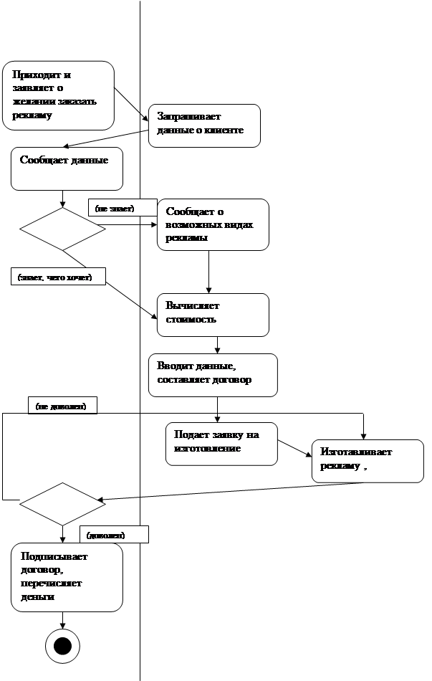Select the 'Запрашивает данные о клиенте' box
click(x=203, y=125)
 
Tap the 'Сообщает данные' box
click(x=67, y=168)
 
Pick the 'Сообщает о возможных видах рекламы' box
click(x=213, y=224)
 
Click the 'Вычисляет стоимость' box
click(x=213, y=314)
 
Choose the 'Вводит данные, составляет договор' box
click(x=212, y=374)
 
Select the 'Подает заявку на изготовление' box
click(x=221, y=444)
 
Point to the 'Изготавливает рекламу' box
click(x=367, y=459)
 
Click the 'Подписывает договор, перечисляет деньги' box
click(x=67, y=577)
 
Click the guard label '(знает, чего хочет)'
click(x=57, y=276)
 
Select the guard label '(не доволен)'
click(x=62, y=406)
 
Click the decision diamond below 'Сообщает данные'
click(x=62, y=229)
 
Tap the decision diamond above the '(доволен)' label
click(x=62, y=504)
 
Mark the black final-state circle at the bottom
click(x=63, y=645)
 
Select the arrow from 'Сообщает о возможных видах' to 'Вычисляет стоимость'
click(x=208, y=272)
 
